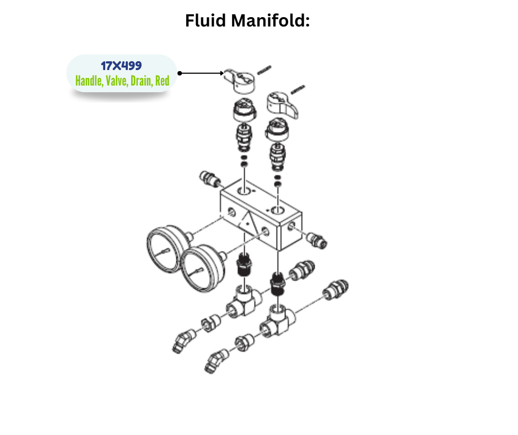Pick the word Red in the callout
point(162,81)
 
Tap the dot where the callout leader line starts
point(180,73)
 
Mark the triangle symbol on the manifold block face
point(249,222)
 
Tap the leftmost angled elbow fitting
point(182,339)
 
